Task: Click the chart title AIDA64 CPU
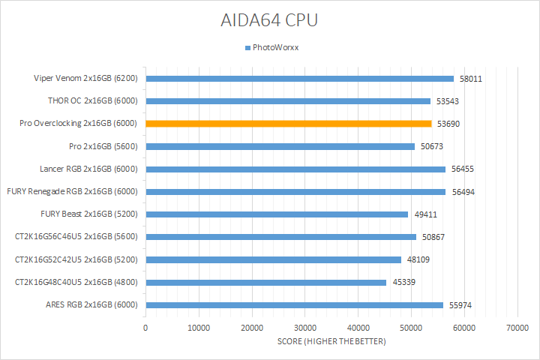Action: [270, 19]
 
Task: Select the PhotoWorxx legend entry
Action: [274, 47]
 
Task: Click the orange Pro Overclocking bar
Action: [288, 124]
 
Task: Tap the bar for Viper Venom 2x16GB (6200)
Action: [299, 79]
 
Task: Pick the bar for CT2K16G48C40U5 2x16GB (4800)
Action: [265, 283]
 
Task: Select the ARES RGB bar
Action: [294, 305]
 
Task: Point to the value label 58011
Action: [470, 79]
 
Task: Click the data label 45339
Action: [403, 283]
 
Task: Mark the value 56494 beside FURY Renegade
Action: [463, 192]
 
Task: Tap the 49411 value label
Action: [424, 214]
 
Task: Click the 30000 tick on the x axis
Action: [304, 328]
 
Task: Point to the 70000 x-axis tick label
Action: [517, 328]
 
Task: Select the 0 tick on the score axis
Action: [145, 328]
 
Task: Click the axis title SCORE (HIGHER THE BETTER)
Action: [331, 342]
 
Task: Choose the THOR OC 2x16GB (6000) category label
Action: [92, 101]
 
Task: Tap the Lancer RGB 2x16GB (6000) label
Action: [88, 169]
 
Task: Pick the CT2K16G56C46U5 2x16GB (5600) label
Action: [76, 237]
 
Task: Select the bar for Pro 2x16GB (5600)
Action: [280, 146]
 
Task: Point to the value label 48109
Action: [418, 260]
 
